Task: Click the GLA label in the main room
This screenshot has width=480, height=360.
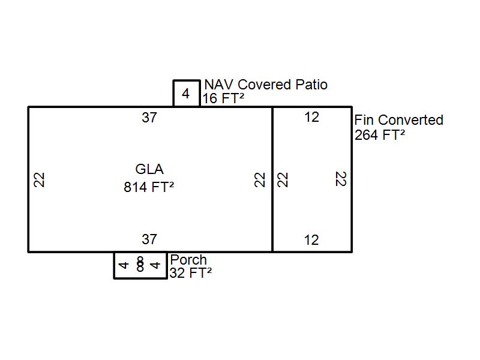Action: click(x=149, y=170)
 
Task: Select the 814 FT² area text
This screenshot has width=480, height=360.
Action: click(x=149, y=187)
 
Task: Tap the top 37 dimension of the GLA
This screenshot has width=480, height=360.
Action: click(x=149, y=118)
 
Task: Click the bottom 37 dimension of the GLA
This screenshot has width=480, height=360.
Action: click(x=149, y=239)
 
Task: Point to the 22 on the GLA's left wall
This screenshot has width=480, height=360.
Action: click(x=40, y=179)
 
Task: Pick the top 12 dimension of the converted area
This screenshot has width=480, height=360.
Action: click(x=311, y=118)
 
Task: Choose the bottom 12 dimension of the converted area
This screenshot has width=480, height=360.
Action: click(x=311, y=240)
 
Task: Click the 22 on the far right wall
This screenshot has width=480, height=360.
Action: click(x=341, y=179)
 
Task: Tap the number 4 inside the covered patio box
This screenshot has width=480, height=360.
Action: click(x=186, y=94)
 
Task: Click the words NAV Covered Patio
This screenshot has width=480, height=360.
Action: click(x=266, y=85)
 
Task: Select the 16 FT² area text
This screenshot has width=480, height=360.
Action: click(x=223, y=99)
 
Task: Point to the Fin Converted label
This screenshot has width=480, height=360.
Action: click(x=399, y=120)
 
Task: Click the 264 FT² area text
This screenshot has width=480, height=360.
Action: click(x=380, y=135)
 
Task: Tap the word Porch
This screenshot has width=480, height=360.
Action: click(x=188, y=260)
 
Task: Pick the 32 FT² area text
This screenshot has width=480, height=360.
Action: click(x=191, y=273)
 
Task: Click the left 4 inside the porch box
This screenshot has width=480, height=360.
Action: click(x=124, y=265)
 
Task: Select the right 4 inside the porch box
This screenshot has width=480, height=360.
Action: click(x=156, y=265)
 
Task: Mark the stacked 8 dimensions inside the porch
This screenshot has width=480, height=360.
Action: click(x=140, y=265)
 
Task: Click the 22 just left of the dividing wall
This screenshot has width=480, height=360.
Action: click(x=260, y=179)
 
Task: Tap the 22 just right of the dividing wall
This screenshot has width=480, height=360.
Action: click(x=283, y=179)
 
